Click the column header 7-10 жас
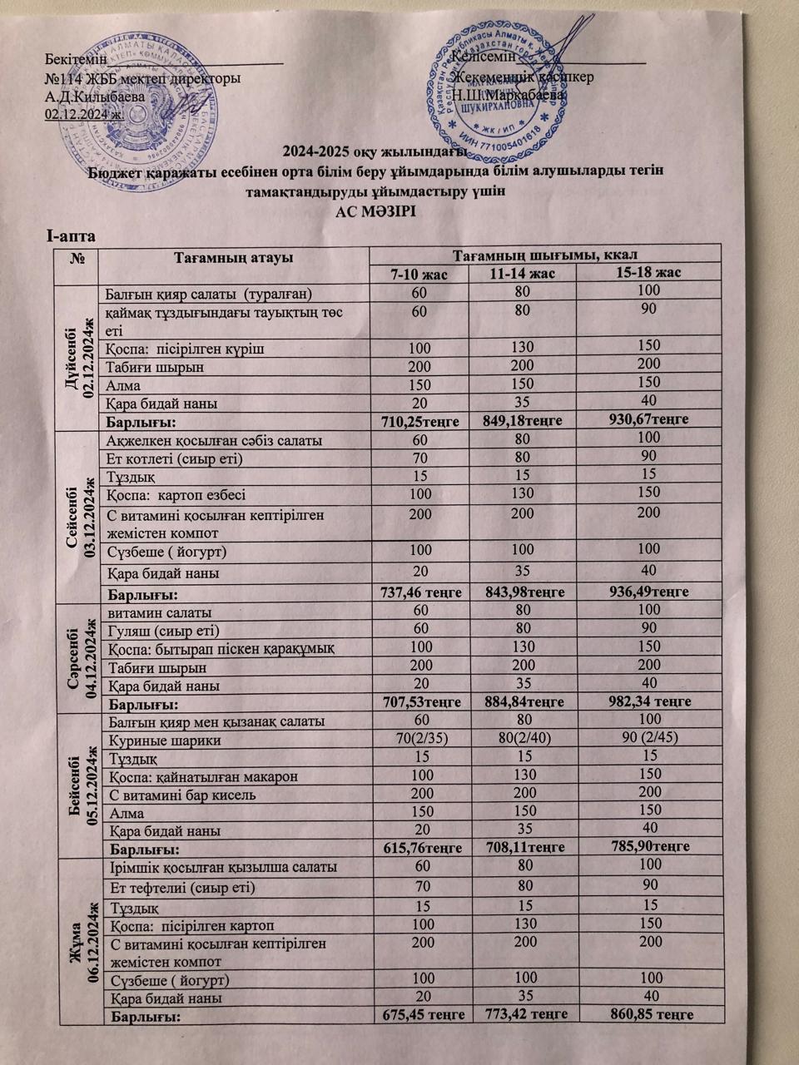point(421,274)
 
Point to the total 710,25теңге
point(420,422)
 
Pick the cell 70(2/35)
point(420,739)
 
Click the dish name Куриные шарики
point(154,740)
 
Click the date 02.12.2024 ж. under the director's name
point(83,114)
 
